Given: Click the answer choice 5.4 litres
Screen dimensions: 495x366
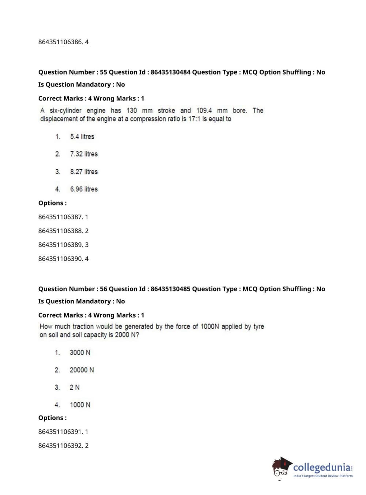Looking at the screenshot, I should tap(82, 137).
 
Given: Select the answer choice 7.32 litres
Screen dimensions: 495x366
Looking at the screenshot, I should tap(84, 154).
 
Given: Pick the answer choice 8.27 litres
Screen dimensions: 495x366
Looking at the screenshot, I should tap(84, 172).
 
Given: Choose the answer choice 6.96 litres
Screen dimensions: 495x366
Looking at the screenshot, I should tap(84, 189).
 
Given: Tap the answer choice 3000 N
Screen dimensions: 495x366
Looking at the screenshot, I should tap(80, 353).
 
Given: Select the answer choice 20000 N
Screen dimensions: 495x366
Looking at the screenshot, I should tap(82, 370).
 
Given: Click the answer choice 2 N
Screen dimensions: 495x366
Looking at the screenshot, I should tap(75, 387).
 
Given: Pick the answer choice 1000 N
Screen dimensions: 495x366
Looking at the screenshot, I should tap(80, 405).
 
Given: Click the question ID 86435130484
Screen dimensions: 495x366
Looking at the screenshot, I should tap(170, 72).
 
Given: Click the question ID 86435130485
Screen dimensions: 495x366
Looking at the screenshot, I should tap(170, 289).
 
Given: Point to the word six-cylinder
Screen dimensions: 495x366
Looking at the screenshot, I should tap(65, 111).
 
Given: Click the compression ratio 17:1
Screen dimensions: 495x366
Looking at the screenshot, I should tap(194, 119).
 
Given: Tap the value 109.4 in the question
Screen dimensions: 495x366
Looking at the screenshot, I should tap(204, 111).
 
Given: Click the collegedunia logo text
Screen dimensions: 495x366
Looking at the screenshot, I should tap(322, 467).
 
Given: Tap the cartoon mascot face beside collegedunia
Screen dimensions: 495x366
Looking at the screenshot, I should tap(281, 467).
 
